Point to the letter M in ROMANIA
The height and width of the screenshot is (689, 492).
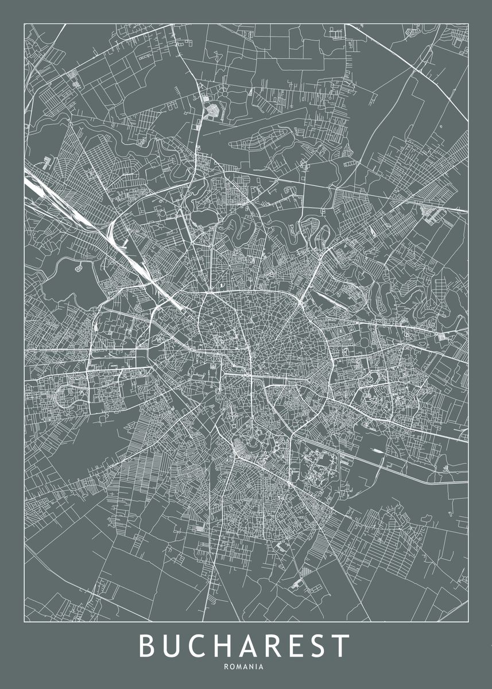(242, 667)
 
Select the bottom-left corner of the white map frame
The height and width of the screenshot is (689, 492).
(24, 622)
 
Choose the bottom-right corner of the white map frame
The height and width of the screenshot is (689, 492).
(468, 622)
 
